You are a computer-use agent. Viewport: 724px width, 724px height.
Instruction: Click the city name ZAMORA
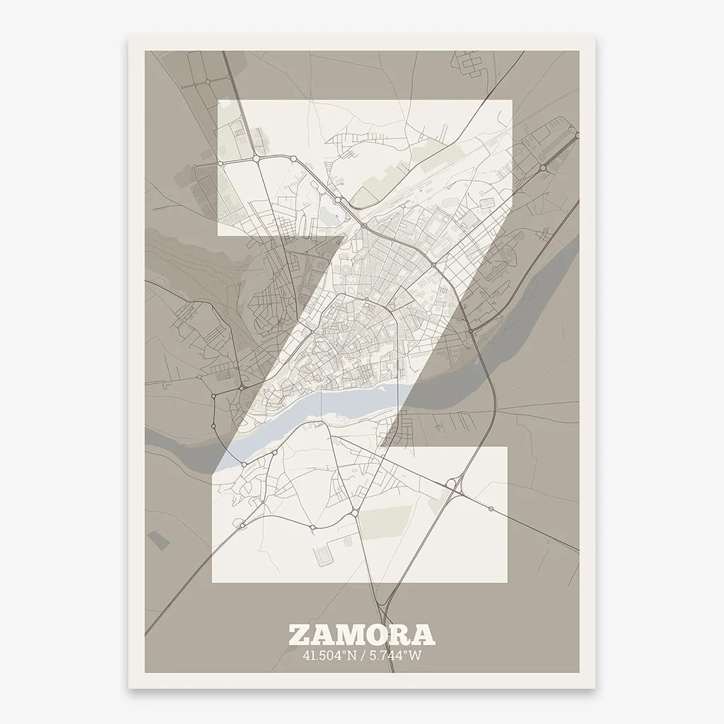pyautogui.click(x=361, y=634)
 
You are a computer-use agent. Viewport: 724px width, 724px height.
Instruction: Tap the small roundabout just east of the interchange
pyautogui.click(x=490, y=508)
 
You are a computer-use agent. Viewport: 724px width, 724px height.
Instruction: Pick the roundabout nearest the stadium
pyautogui.click(x=313, y=527)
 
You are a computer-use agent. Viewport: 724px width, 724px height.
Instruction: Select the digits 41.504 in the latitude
pyautogui.click(x=320, y=655)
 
